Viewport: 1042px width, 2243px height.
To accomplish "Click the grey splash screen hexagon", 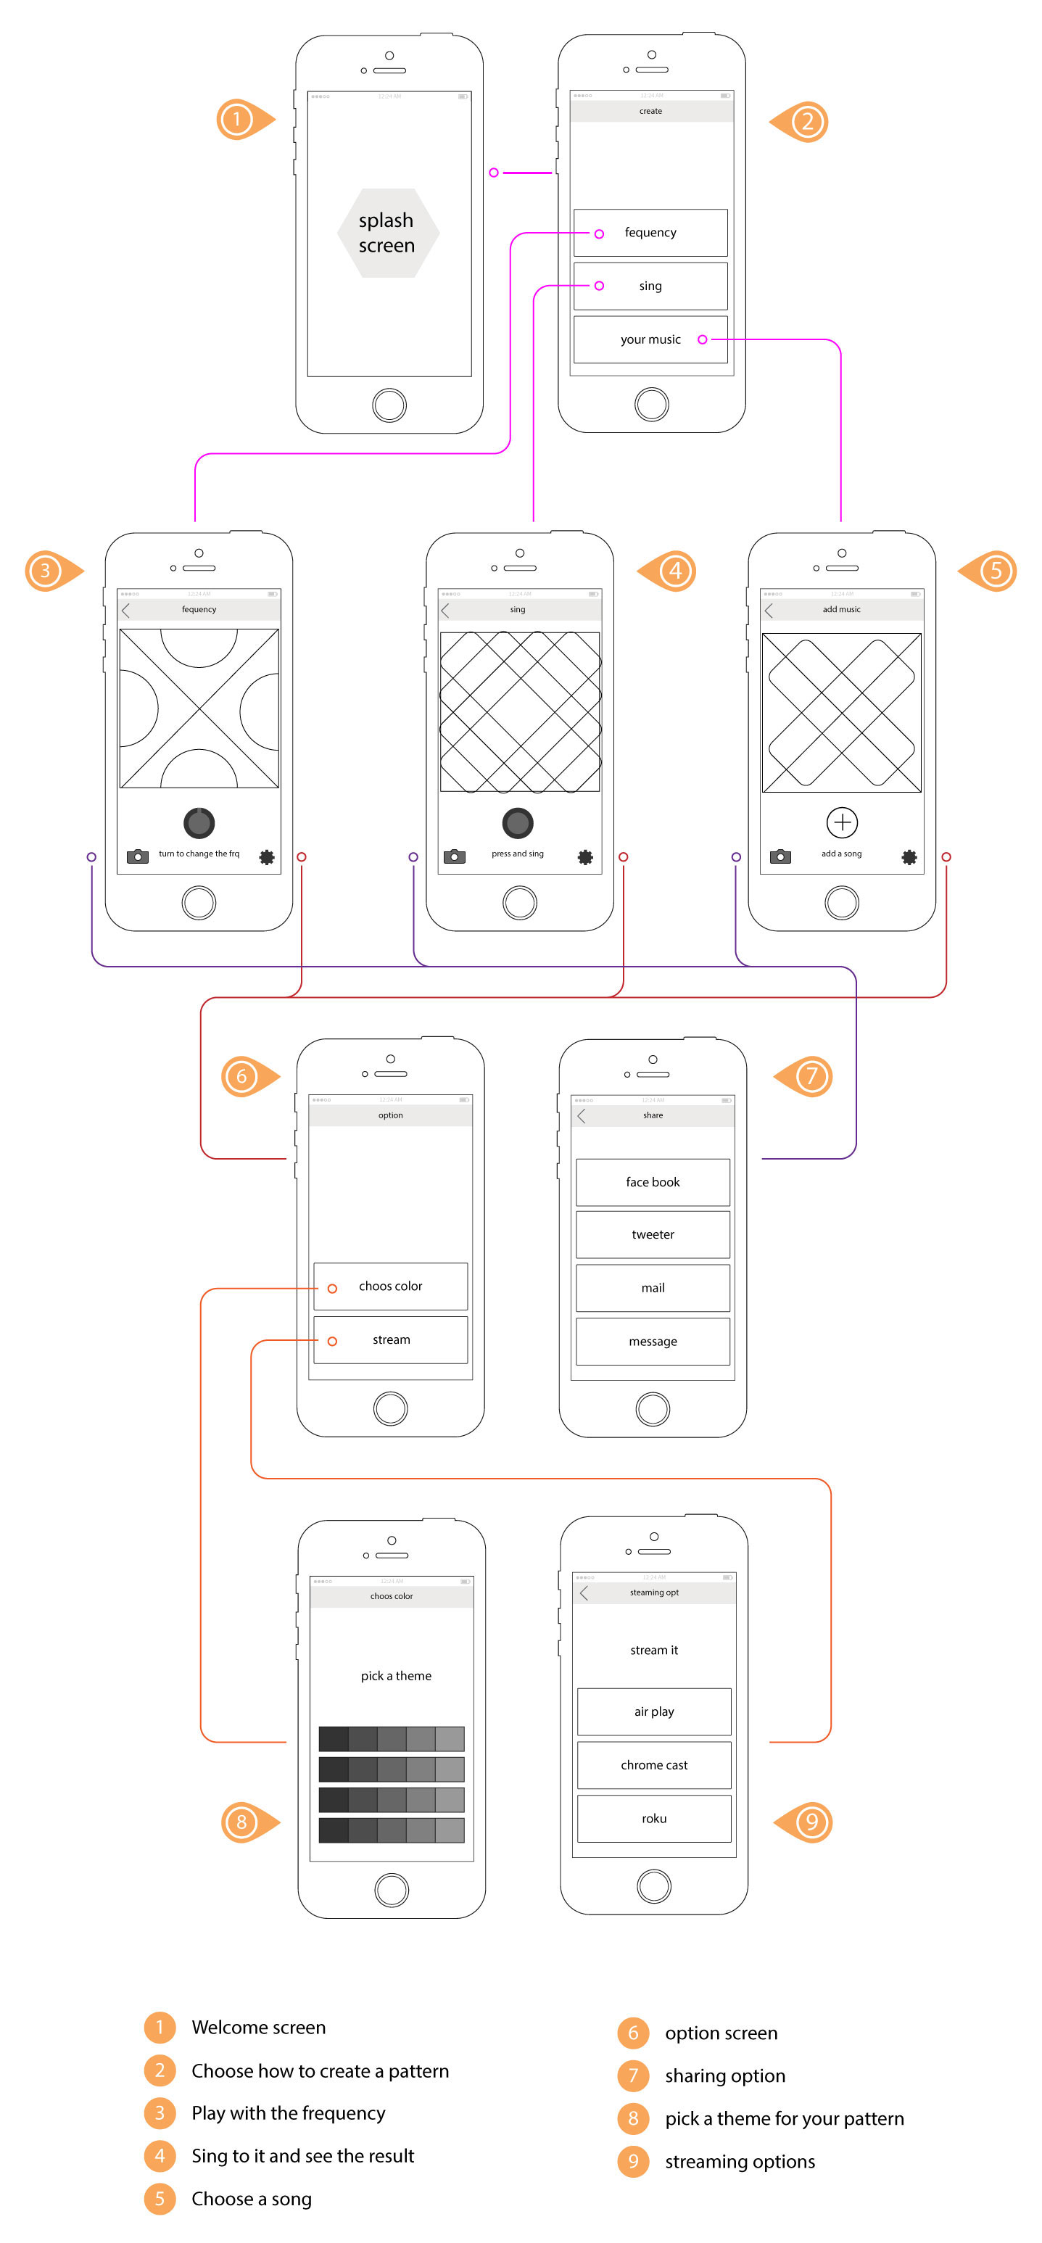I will tap(387, 233).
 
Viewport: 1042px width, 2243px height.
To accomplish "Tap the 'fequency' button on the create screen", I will tap(650, 233).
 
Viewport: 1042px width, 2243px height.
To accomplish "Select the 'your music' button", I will tap(650, 339).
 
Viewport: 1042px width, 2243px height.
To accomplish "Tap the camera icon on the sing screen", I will tap(455, 856).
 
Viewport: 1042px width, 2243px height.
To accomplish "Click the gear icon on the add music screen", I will tap(909, 856).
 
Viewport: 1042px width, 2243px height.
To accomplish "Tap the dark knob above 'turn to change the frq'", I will tap(199, 822).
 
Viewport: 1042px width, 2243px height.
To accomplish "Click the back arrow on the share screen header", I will tap(582, 1115).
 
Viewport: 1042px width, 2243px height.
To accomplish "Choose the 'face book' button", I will tap(652, 1181).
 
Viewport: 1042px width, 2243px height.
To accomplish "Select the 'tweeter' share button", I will tap(652, 1235).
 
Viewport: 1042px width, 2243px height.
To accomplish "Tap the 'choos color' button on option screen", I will tap(390, 1286).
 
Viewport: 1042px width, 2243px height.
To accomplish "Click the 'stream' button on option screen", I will tap(390, 1339).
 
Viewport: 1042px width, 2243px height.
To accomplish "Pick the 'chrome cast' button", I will tap(654, 1765).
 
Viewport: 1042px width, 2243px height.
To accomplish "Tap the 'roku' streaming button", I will tap(654, 1818).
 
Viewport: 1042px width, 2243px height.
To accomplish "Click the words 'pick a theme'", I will tap(396, 1675).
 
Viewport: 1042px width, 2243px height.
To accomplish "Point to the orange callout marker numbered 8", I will tap(244, 1822).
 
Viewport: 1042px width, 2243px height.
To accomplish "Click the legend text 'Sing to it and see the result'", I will tap(302, 2155).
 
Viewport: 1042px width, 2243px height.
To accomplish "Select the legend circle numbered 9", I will tap(633, 2160).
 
